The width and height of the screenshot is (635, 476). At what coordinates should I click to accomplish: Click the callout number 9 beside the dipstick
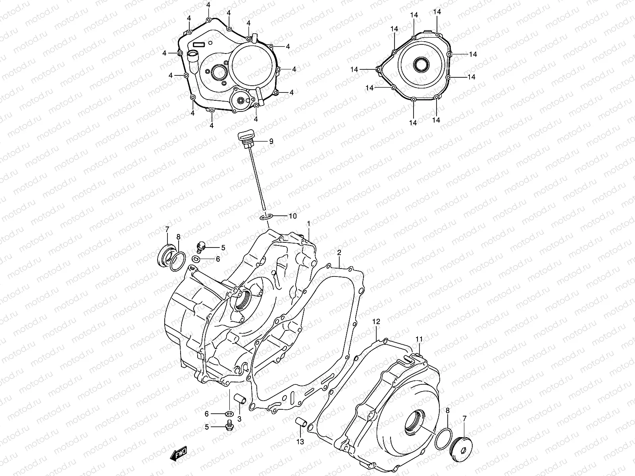tap(271, 141)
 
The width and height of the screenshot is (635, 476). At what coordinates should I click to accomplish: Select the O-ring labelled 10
tap(266, 217)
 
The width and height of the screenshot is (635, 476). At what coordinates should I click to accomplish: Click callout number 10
tap(292, 216)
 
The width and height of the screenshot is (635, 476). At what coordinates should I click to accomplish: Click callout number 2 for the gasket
tap(339, 252)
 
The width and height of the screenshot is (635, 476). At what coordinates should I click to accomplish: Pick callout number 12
tap(376, 321)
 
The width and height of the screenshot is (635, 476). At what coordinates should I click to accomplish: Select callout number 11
tap(419, 339)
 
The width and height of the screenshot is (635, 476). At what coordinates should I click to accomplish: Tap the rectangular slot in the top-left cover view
tap(198, 44)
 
